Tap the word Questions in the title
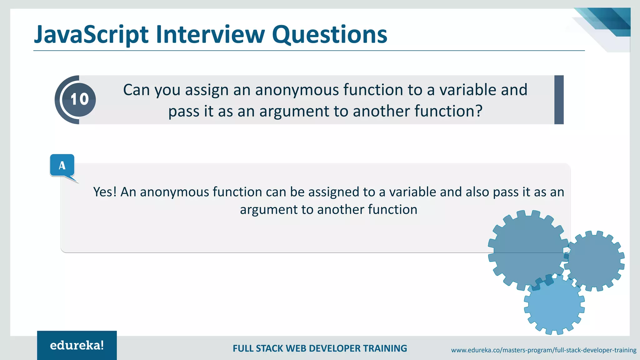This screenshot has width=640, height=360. (329, 34)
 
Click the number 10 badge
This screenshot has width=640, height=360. (79, 100)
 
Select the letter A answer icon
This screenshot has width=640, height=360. (62, 165)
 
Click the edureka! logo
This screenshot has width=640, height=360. (77, 345)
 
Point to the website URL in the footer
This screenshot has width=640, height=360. (543, 350)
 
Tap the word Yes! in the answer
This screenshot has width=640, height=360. (105, 192)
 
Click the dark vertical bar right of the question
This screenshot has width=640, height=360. (559, 100)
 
